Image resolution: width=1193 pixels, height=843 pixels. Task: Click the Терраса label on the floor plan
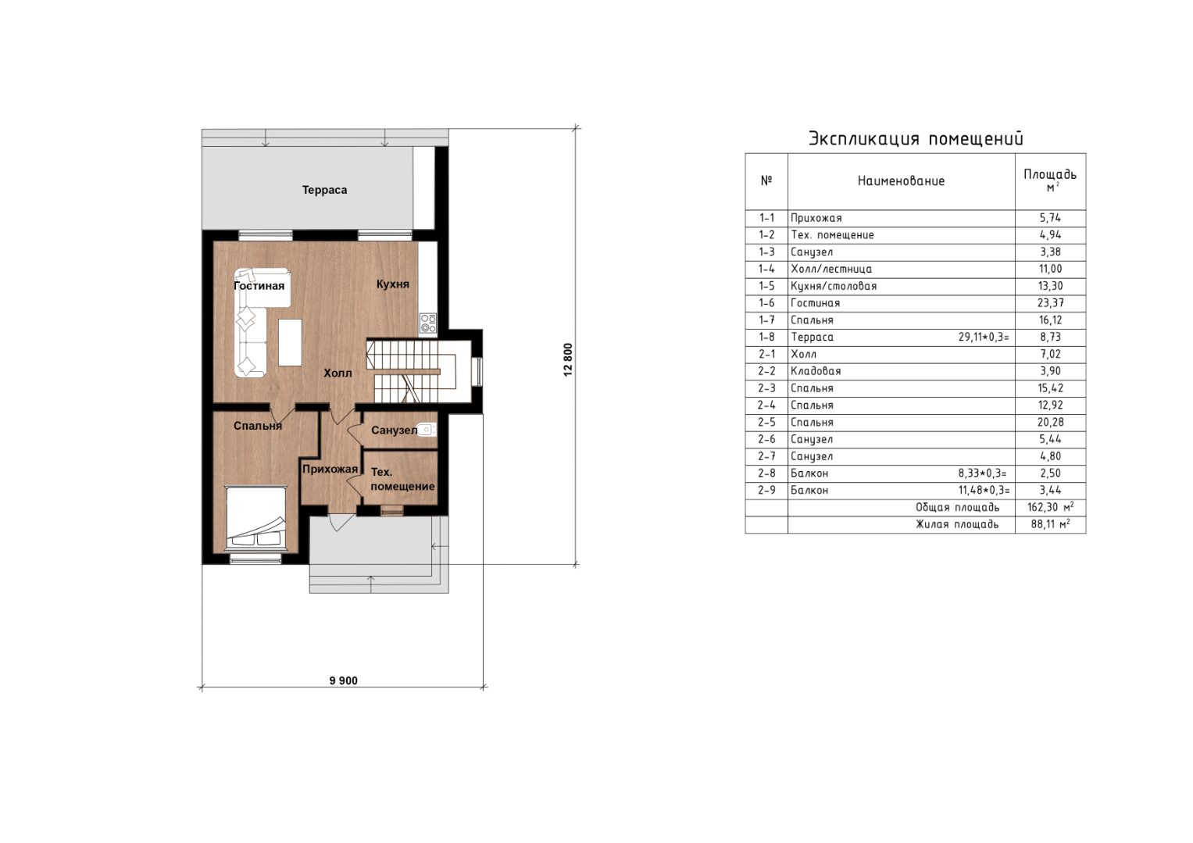tap(324, 190)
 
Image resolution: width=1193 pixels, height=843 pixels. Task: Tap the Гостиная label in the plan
tap(259, 286)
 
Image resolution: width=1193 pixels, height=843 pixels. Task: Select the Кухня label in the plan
tap(392, 284)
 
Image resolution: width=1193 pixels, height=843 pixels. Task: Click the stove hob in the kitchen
tap(427, 323)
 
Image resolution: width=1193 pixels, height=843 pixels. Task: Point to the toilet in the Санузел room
tap(426, 429)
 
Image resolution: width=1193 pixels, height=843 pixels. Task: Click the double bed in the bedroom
tap(255, 518)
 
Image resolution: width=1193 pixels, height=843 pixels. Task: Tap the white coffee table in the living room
tap(291, 342)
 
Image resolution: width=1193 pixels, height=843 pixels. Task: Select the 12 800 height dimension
tap(568, 360)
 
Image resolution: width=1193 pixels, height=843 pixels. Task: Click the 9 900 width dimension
tap(344, 680)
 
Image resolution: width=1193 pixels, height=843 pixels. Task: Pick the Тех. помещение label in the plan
tap(402, 479)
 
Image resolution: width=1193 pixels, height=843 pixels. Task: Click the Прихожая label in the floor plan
tap(330, 470)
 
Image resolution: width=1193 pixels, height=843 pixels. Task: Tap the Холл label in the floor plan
tap(338, 373)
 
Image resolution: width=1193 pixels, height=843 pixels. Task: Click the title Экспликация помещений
tap(916, 138)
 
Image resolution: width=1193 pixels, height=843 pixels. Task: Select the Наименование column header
tap(901, 181)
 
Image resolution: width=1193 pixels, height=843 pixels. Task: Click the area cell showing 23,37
tap(1051, 303)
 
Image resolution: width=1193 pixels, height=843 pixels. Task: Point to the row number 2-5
tap(766, 423)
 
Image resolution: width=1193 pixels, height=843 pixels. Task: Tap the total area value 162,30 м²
tap(1051, 507)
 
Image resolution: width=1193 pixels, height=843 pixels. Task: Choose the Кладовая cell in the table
tap(816, 371)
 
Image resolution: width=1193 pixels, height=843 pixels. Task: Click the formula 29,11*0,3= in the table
tap(984, 337)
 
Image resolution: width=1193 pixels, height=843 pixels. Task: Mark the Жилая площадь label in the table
tap(958, 524)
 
